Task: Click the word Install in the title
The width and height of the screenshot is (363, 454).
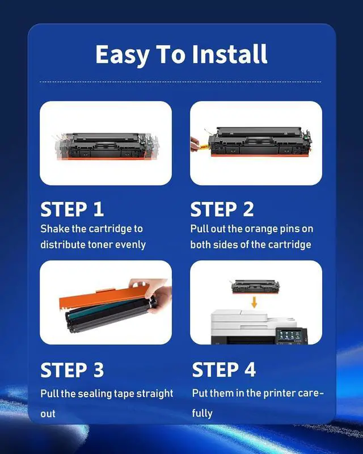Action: pos(229,55)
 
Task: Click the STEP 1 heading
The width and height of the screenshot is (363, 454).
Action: pos(72,209)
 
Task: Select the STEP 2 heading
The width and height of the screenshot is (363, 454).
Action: pos(222,209)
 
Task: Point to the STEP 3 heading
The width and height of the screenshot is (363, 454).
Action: pos(72,370)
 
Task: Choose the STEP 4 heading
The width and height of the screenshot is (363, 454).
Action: pos(223,370)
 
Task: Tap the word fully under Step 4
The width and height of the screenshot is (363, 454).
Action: pos(202,413)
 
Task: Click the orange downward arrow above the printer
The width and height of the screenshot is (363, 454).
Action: pos(254,302)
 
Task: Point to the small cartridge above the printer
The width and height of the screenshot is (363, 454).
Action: pos(254,285)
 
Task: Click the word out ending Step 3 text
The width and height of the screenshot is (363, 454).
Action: pos(48,413)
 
